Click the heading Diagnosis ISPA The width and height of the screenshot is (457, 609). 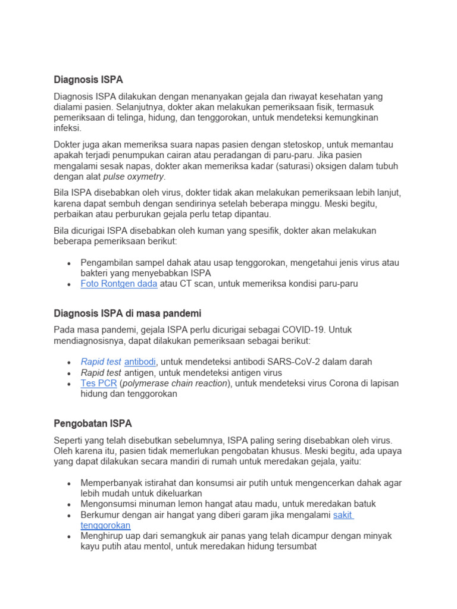[88, 79]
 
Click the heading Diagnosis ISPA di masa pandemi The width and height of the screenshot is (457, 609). [127, 313]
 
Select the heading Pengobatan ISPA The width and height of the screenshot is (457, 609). [92, 423]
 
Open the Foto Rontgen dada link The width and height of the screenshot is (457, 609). [119, 284]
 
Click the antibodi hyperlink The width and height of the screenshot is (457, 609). [140, 362]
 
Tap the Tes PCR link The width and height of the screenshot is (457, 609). [99, 383]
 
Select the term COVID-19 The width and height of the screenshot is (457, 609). [304, 329]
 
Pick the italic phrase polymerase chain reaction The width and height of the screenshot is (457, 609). [176, 383]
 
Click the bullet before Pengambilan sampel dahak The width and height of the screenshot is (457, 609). [69, 263]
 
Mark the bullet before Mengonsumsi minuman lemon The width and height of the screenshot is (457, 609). [69, 504]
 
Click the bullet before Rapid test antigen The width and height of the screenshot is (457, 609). [69, 373]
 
